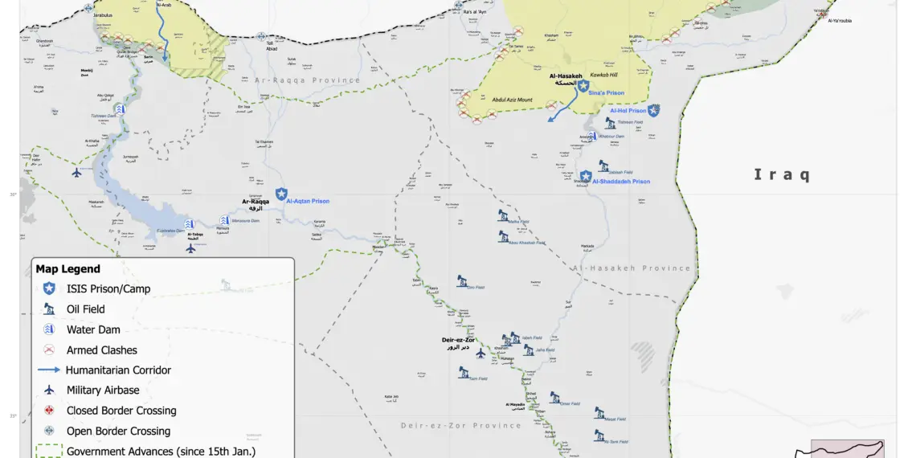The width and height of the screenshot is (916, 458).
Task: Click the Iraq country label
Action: coord(781,175)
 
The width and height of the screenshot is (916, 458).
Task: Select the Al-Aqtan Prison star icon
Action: coord(281,194)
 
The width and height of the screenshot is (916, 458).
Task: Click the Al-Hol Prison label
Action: coord(628,111)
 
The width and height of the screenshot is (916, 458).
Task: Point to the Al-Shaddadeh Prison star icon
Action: coord(586,175)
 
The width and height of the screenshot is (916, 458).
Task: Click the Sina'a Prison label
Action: coord(606,93)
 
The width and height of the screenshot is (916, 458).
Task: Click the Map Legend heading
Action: coord(68,269)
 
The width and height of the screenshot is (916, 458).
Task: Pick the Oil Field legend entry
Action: coord(85,309)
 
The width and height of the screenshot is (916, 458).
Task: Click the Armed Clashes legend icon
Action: coord(49,350)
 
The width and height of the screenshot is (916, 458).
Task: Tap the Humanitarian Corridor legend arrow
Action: coord(49,370)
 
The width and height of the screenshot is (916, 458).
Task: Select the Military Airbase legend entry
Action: coord(103,391)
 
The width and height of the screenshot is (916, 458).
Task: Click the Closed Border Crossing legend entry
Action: coord(121,411)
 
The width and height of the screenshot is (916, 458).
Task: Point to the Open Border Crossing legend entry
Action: coord(118,431)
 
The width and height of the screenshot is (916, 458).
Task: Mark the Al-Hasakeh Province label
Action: coord(632,268)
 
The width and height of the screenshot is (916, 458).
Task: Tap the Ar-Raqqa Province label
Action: coord(308,80)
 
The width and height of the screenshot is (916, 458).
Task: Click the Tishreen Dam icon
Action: coord(120,108)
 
